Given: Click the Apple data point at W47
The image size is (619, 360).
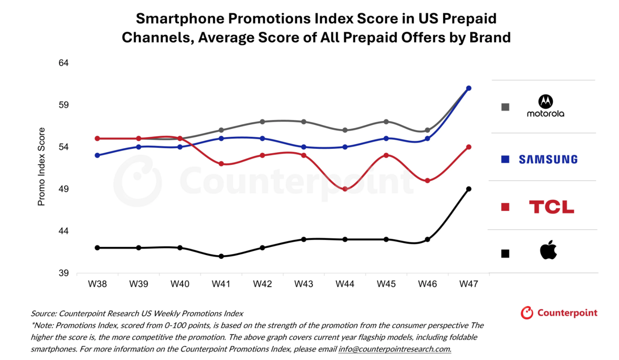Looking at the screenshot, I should click(x=469, y=189).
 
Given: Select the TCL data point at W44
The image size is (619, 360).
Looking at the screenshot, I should click(x=345, y=189).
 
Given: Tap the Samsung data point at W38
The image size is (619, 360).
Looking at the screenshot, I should click(x=97, y=155).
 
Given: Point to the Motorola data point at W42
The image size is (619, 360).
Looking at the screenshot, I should click(x=262, y=122).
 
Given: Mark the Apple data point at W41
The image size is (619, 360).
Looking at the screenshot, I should click(x=221, y=256).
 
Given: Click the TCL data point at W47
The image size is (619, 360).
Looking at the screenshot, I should click(x=469, y=147).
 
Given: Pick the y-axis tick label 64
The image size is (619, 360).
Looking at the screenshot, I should click(x=63, y=63).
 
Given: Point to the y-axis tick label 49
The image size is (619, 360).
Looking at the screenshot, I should click(x=63, y=189).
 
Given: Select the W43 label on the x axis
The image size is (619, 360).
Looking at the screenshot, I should click(x=303, y=284).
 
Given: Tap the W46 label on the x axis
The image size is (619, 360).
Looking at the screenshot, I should click(x=427, y=284).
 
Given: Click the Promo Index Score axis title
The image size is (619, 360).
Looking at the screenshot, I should click(x=41, y=166).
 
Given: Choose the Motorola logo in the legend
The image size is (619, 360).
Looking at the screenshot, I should click(x=545, y=106).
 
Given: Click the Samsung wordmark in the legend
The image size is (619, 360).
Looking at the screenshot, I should click(x=548, y=159).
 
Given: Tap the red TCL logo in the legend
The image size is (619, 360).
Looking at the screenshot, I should click(x=551, y=207).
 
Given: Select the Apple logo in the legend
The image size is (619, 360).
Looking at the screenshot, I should click(x=548, y=251).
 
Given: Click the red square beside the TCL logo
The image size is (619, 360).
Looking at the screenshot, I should click(x=505, y=207).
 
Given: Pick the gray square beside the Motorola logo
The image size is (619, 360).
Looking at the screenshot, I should click(x=505, y=107).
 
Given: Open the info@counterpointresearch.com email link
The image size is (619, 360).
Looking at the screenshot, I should click(x=395, y=349).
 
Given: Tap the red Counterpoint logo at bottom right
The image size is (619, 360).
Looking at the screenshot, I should click(x=559, y=313).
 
